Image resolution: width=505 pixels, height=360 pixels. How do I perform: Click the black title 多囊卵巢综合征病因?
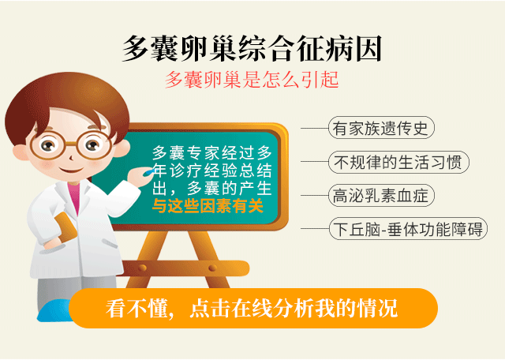click(252, 49)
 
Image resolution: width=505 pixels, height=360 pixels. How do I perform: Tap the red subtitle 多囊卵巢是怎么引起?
click(252, 80)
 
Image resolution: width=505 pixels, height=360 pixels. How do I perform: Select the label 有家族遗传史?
click(381, 128)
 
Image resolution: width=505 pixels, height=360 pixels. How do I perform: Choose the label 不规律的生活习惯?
click(398, 162)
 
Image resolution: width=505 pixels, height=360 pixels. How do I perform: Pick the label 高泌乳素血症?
click(381, 196)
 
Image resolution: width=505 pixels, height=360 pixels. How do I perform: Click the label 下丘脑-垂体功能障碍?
click(408, 229)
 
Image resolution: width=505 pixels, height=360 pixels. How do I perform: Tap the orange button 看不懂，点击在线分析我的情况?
click(253, 309)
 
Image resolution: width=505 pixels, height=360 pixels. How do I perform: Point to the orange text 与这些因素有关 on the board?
click(208, 205)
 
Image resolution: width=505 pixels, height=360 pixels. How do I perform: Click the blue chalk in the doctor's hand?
click(150, 171)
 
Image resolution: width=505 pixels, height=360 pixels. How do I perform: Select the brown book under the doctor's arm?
click(65, 227)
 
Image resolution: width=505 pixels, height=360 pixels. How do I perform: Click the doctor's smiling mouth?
click(71, 170)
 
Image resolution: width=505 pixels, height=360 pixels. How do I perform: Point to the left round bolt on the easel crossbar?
click(142, 268)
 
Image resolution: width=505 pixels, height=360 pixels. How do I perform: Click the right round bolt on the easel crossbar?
click(212, 268)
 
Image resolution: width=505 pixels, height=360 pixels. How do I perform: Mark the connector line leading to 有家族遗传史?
click(314, 128)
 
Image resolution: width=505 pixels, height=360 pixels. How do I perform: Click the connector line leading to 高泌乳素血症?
click(314, 196)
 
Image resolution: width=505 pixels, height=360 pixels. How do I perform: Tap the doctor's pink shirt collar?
click(74, 196)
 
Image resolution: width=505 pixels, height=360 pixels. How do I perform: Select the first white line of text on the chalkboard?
click(212, 153)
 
